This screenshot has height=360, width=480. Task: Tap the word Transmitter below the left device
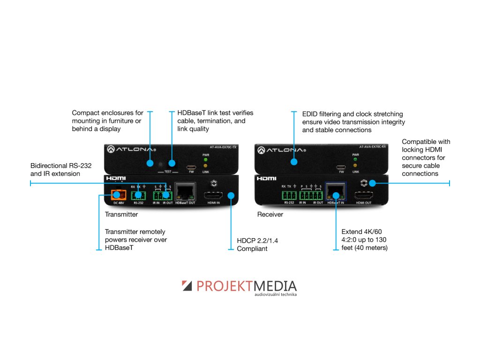[121, 214]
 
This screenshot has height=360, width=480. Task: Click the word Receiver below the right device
[270, 214]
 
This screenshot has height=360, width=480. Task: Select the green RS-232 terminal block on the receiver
[289, 195]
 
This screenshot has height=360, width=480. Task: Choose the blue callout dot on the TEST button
[172, 164]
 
